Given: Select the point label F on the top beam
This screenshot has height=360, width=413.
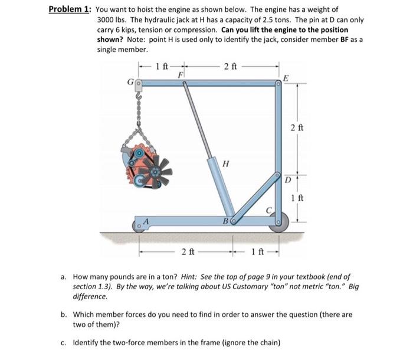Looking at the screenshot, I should tap(181, 76).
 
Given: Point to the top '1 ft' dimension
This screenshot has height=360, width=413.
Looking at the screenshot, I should tap(162, 66).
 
